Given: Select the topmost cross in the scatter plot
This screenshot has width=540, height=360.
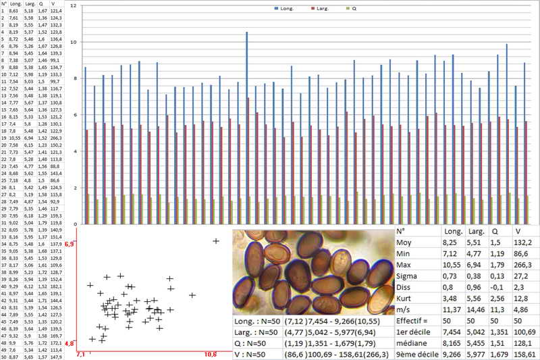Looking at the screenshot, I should click(216, 241).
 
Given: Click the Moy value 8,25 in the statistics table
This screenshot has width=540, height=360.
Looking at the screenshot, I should click(449, 241).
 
